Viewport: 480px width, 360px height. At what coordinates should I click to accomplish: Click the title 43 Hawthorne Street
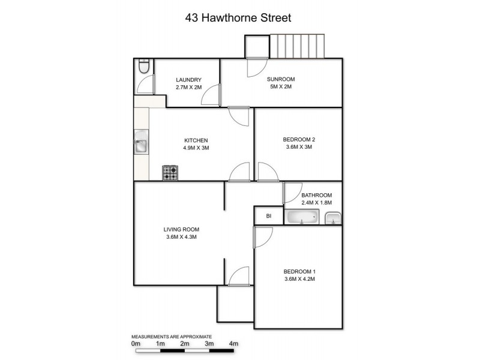pos(238,18)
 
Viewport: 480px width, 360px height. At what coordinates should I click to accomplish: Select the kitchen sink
pos(140,145)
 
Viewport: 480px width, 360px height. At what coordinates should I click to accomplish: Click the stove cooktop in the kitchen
pos(170,173)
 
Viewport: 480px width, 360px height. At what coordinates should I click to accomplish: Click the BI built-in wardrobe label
pos(269,216)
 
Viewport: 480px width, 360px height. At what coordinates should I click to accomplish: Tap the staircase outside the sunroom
pos(299,46)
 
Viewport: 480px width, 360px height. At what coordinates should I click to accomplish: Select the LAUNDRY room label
pos(188,80)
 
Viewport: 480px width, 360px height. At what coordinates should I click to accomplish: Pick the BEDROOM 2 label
pos(299,140)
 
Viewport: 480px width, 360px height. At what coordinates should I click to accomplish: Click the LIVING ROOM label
pos(181,229)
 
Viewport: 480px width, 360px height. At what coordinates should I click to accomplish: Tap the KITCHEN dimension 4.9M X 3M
pos(196,148)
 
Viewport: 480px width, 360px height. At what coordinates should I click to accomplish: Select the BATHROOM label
pos(316,196)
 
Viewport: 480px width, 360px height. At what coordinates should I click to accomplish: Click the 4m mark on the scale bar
pos(234,344)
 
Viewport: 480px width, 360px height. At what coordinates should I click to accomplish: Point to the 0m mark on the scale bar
pos(136,344)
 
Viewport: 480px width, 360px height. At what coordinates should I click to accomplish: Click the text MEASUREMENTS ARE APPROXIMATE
pos(172,337)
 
